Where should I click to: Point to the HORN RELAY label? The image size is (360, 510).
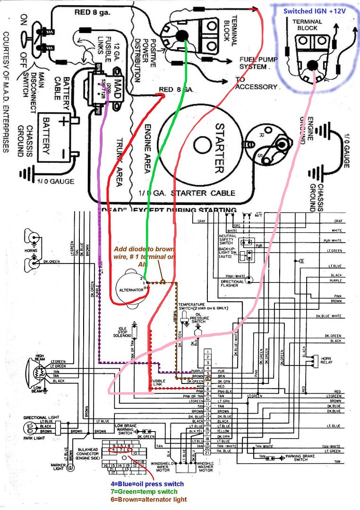pyautogui.click(x=323, y=363)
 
